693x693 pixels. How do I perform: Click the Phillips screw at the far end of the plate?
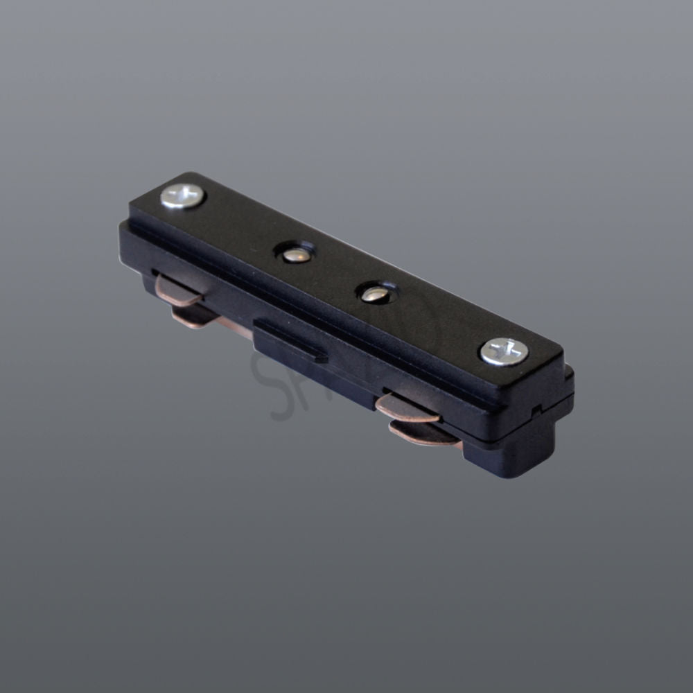183,196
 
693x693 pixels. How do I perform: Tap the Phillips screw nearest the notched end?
504,351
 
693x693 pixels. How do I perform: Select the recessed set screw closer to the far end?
296,254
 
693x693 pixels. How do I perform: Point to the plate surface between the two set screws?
335,273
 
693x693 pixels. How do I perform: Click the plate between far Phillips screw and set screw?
239,225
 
